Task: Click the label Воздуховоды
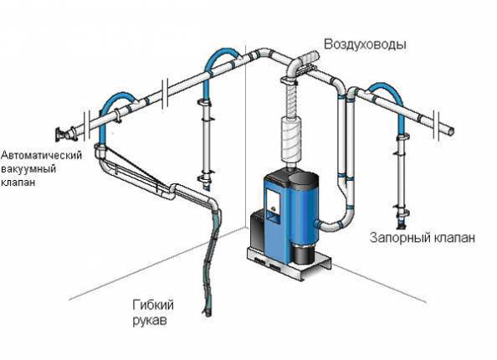point(365,44)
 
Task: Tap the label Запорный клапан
point(423,238)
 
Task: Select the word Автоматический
point(41,155)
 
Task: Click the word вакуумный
point(28,169)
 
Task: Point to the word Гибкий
point(153,306)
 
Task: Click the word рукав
point(149,321)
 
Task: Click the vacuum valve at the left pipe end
point(66,133)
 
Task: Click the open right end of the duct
point(451,131)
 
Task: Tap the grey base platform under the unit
point(289,262)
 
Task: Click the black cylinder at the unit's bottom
point(303,254)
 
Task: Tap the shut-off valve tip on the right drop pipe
point(401,225)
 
